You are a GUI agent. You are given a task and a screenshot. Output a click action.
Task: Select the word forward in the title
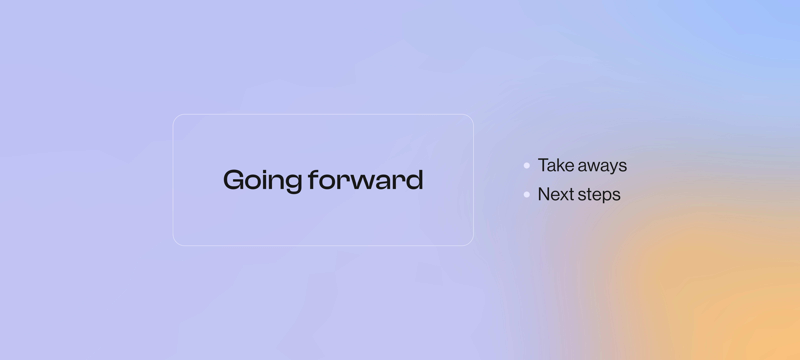pyautogui.click(x=365, y=179)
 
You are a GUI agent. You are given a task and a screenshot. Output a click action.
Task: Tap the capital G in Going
pyautogui.click(x=233, y=179)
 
